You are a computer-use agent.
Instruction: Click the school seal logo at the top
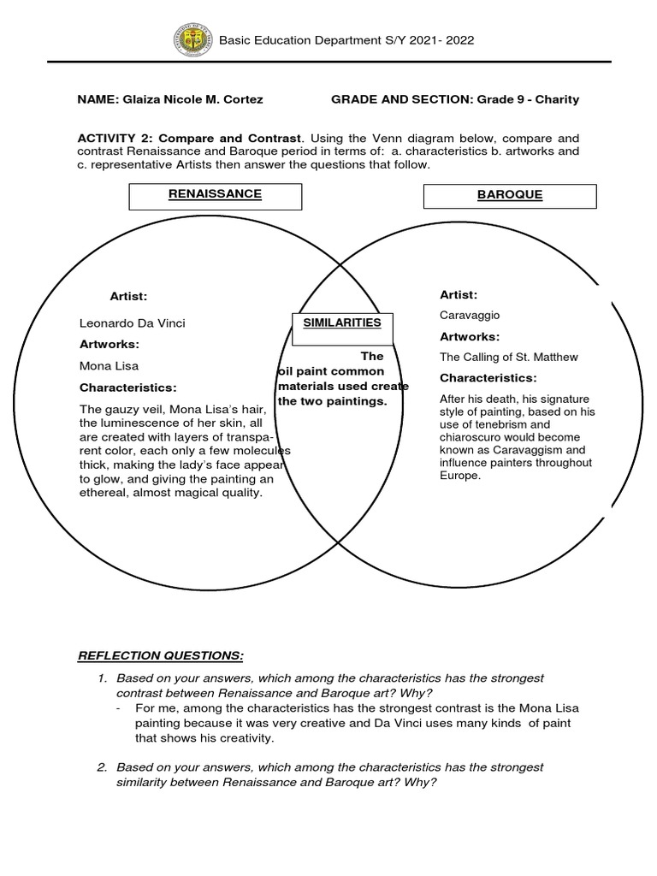pyautogui.click(x=192, y=40)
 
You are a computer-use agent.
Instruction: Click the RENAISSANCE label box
pyautogui.click(x=215, y=195)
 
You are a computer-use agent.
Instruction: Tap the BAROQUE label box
pyautogui.click(x=510, y=196)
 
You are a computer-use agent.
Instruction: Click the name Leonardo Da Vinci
pyautogui.click(x=132, y=323)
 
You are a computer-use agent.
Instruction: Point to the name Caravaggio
pyautogui.click(x=470, y=315)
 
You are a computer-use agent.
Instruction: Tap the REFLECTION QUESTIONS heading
pyautogui.click(x=161, y=655)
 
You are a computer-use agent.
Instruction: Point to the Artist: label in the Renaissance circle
pyautogui.click(x=128, y=296)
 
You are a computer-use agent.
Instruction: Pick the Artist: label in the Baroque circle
pyautogui.click(x=459, y=294)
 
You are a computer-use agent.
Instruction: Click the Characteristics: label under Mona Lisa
pyautogui.click(x=127, y=388)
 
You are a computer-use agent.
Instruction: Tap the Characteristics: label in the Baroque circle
pyautogui.click(x=488, y=377)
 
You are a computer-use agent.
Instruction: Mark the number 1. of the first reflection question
pyautogui.click(x=102, y=678)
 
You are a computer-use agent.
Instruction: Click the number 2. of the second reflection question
pyautogui.click(x=102, y=767)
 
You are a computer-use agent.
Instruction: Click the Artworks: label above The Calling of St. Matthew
pyautogui.click(x=470, y=336)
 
